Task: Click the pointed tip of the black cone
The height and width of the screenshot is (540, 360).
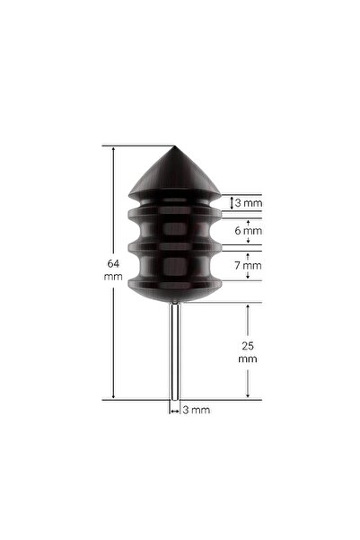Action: coord(175,148)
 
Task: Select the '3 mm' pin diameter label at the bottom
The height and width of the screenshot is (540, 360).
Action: coord(197,410)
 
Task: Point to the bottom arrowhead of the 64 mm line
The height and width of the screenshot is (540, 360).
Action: coord(114,395)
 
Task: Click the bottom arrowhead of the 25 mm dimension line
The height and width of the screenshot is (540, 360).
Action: coord(247,395)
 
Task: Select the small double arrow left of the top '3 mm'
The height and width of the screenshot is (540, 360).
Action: coord(233,203)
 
